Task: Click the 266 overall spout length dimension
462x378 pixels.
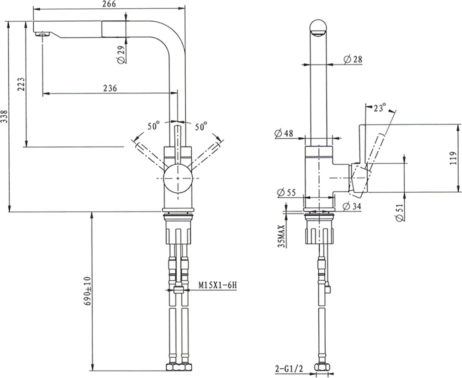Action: coord(109,4)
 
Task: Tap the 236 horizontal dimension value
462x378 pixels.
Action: coord(110,88)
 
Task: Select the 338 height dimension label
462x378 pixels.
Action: coord(4,117)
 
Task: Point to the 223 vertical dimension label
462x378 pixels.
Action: coord(21,84)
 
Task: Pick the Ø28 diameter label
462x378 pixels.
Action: coord(353,59)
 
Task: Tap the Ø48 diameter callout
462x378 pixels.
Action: coord(284,133)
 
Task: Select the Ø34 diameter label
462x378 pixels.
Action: coord(352,207)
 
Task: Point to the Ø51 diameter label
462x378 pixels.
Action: coord(400,213)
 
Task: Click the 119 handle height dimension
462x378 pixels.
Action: coord(454,158)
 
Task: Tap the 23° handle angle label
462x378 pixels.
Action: coord(380,108)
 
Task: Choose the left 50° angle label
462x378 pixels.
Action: coord(153,126)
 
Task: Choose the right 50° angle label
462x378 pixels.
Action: coord(201,127)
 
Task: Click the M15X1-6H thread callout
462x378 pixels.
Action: coord(218,285)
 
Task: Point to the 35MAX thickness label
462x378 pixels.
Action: coord(282,236)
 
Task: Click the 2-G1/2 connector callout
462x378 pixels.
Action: coord(289,368)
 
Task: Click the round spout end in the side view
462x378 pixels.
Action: coord(318,28)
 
